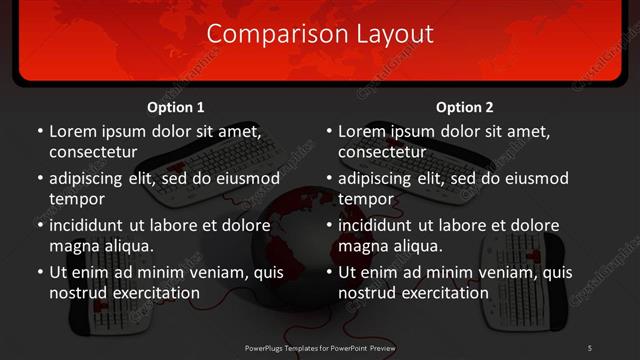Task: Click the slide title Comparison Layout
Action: point(320,34)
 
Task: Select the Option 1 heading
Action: point(176,107)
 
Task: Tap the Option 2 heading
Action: point(465,107)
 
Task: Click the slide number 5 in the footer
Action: point(589,347)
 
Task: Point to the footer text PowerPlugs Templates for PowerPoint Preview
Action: point(320,347)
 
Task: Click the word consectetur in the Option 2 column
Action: point(381,152)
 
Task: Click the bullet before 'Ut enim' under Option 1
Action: point(40,272)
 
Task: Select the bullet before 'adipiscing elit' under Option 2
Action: point(329,179)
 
